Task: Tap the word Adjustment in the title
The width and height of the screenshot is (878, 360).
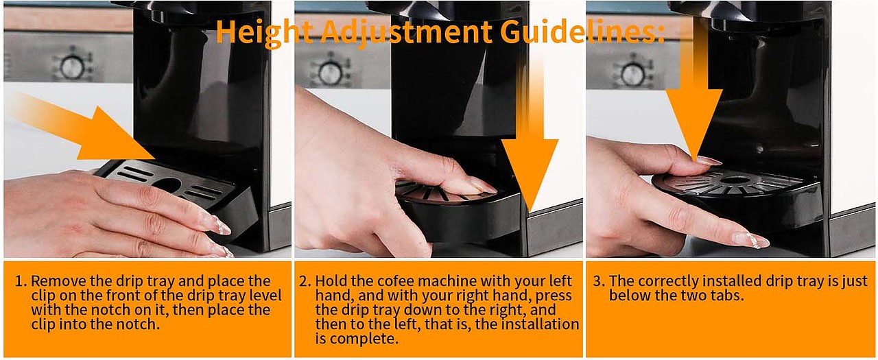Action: pos(407,32)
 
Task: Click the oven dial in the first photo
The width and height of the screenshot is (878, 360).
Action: pos(72,67)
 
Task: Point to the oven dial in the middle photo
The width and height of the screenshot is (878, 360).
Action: pos(330,73)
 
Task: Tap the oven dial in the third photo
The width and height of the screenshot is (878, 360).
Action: pos(632,74)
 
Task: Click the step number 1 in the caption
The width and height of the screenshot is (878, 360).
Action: pos(20,281)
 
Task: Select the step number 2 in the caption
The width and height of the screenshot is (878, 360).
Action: pos(305,281)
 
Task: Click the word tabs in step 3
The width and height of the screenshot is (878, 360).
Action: pos(726,295)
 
